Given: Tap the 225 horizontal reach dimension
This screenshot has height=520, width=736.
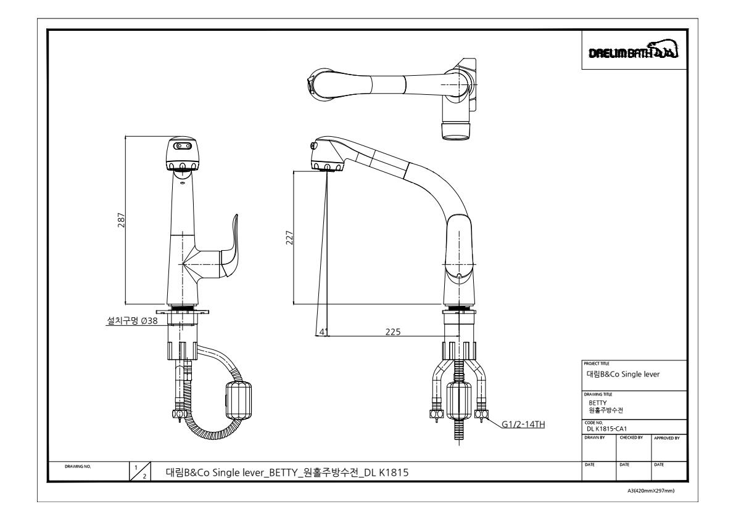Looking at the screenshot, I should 392,331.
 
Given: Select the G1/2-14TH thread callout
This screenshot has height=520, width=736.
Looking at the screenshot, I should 525,424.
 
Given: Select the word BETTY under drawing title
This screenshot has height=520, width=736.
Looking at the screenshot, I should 597,403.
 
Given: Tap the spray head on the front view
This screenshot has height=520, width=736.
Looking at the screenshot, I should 183,155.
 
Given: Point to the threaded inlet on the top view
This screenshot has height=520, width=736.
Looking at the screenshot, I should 458,131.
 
